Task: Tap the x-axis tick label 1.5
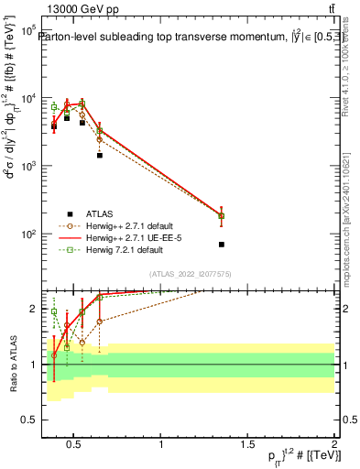click(248, 445)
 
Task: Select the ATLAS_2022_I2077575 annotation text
click(191, 274)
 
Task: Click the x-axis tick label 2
click(334, 445)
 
